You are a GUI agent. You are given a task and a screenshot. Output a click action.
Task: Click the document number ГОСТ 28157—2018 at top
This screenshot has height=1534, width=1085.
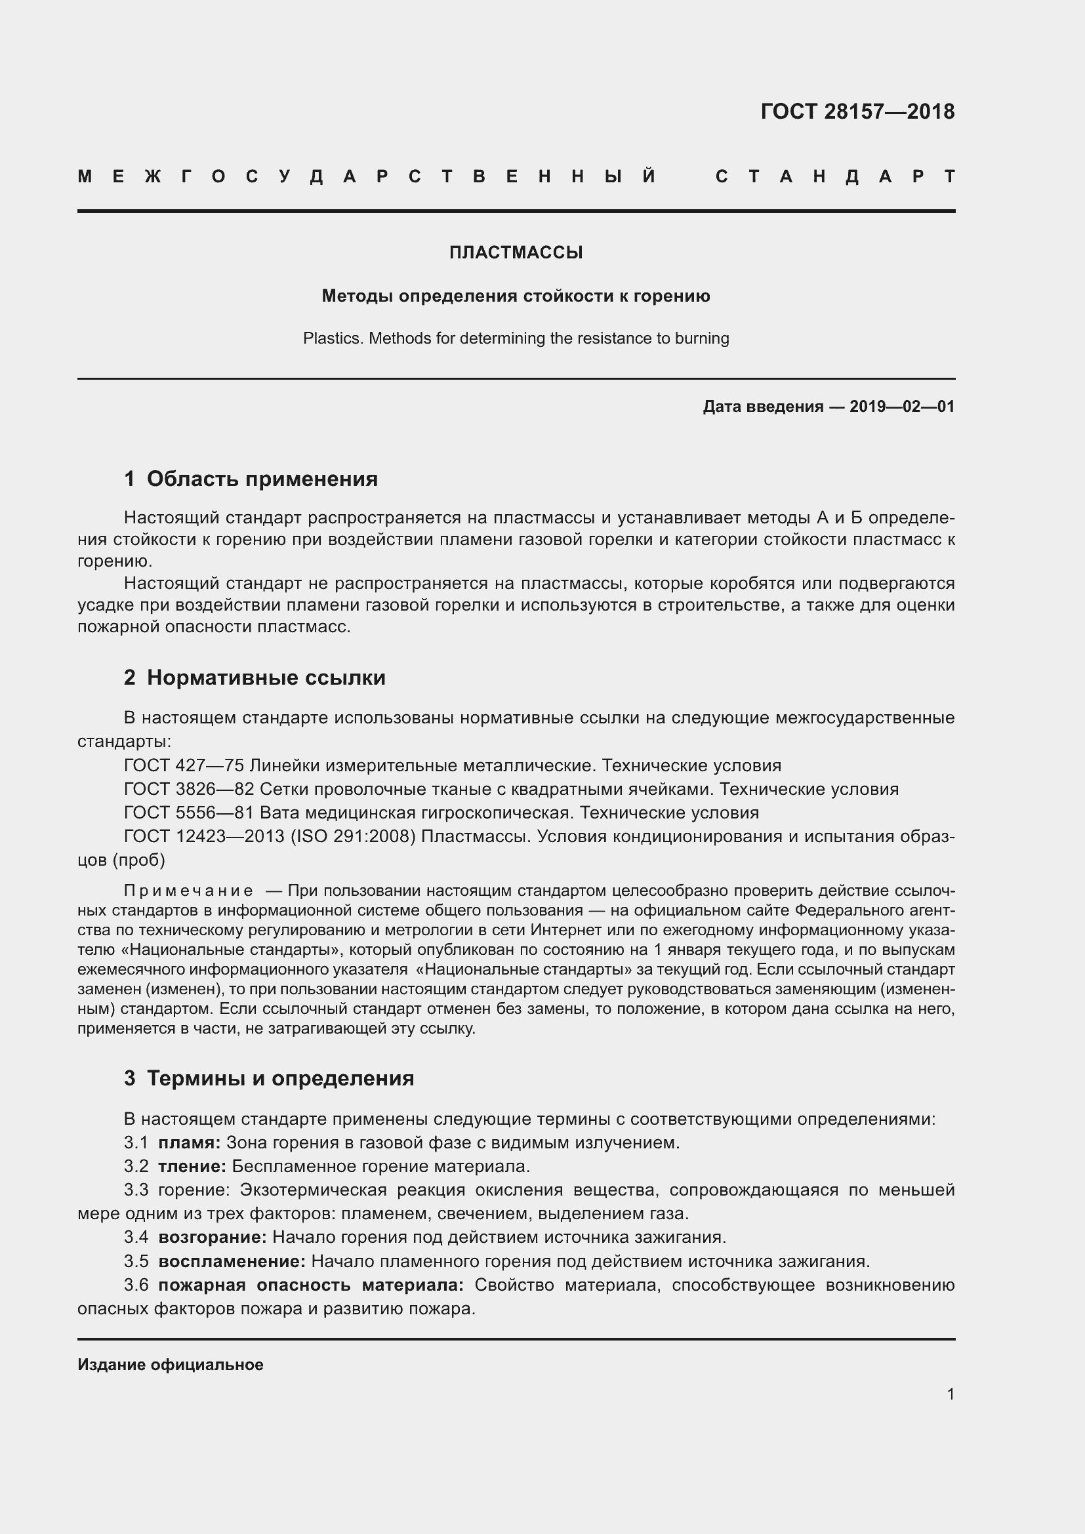pyautogui.click(x=857, y=111)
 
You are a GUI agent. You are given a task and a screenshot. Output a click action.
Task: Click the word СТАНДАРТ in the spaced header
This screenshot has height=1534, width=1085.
pyautogui.click(x=835, y=177)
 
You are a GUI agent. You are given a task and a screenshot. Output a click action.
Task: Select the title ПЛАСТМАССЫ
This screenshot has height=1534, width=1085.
pyautogui.click(x=516, y=252)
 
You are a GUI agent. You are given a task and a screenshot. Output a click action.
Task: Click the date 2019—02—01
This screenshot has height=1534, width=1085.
pyautogui.click(x=902, y=406)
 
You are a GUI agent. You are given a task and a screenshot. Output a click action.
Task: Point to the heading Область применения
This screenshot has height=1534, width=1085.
pyautogui.click(x=262, y=479)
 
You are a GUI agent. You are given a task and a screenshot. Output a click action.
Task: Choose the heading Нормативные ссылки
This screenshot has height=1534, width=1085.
pyautogui.click(x=266, y=677)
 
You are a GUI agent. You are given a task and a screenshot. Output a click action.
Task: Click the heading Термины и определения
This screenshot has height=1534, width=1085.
pyautogui.click(x=280, y=1078)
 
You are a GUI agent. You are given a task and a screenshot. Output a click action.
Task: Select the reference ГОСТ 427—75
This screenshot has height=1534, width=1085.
pyautogui.click(x=184, y=765)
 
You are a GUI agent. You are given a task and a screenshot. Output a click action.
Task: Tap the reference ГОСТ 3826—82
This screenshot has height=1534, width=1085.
pyautogui.click(x=189, y=789)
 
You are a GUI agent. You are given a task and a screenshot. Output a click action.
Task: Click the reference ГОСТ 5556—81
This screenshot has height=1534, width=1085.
pyautogui.click(x=189, y=813)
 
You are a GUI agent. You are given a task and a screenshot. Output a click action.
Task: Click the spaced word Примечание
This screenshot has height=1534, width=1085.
pyautogui.click(x=188, y=891)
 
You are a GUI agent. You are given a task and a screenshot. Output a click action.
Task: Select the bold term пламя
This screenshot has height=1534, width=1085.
pyautogui.click(x=189, y=1142)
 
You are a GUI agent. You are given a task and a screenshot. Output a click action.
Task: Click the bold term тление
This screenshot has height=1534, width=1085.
pyautogui.click(x=192, y=1166)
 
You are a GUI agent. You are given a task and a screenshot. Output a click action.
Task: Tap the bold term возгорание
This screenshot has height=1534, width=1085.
pyautogui.click(x=212, y=1237)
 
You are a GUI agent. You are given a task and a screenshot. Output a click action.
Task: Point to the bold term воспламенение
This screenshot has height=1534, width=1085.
pyautogui.click(x=231, y=1261)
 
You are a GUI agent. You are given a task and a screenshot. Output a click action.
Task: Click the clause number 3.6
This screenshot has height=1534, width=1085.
pyautogui.click(x=136, y=1285)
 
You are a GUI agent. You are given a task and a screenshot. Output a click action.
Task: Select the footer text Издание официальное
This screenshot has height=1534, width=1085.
pyautogui.click(x=171, y=1364)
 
